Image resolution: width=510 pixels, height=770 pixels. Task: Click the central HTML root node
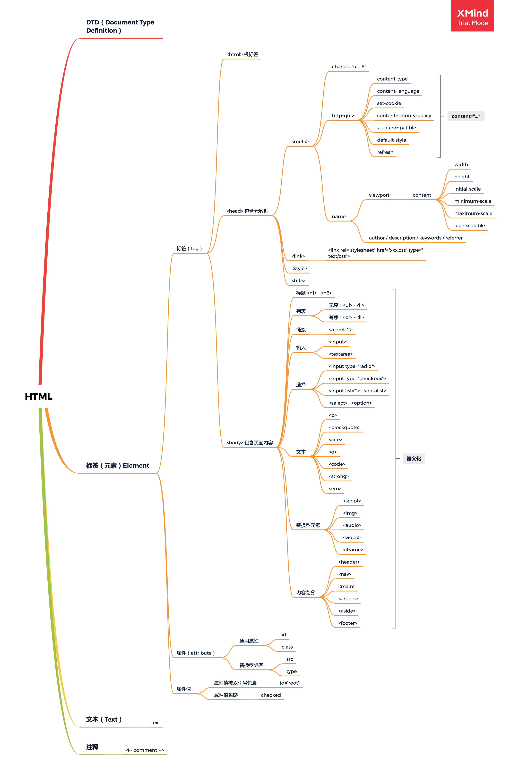click(x=38, y=396)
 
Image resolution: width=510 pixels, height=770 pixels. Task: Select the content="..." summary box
click(x=466, y=116)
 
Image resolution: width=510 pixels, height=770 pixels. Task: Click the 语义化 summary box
click(x=413, y=459)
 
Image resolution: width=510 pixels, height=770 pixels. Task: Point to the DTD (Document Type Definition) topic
click(x=120, y=26)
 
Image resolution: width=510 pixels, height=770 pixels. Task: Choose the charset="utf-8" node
click(x=349, y=67)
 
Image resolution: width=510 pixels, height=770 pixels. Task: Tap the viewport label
click(x=379, y=195)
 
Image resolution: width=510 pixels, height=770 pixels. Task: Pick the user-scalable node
click(x=469, y=226)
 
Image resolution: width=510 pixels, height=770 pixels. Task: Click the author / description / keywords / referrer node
click(x=415, y=238)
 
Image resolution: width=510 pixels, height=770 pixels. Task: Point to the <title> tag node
click(x=298, y=280)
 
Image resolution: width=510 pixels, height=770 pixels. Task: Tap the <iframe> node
click(x=353, y=550)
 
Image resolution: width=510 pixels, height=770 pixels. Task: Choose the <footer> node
click(x=347, y=623)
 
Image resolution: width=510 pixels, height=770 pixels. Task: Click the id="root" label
click(x=289, y=683)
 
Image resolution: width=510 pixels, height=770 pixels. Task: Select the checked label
click(x=271, y=695)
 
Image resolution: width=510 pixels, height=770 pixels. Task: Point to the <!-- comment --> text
click(x=145, y=750)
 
